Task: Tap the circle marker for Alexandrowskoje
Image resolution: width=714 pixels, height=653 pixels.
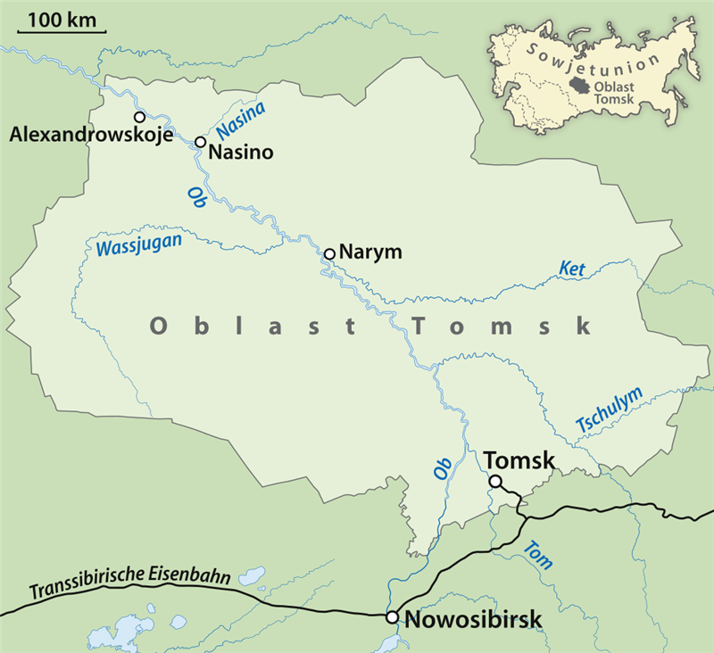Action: tap(139, 117)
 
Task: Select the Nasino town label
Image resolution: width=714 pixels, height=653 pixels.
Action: tap(240, 153)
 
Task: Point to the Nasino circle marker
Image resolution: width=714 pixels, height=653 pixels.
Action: tap(201, 142)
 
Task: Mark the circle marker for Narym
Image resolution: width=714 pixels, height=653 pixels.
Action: tap(329, 254)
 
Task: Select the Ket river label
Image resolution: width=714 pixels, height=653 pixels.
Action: tap(571, 267)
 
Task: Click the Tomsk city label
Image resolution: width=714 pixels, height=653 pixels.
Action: tap(519, 460)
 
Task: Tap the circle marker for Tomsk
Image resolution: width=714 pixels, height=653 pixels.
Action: tap(494, 482)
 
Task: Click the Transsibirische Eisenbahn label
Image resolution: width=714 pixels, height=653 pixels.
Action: tap(130, 583)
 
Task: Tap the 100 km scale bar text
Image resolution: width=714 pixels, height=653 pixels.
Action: tap(62, 19)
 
